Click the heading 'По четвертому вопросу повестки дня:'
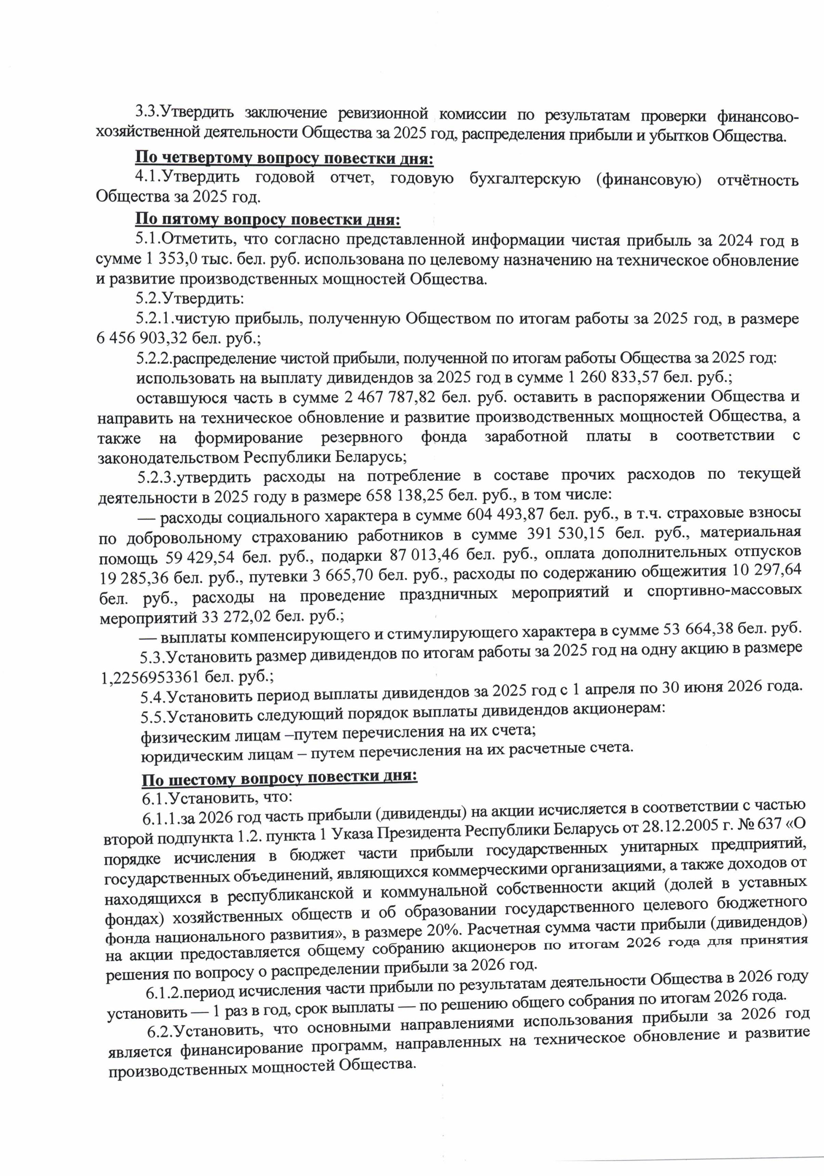coord(284,158)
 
